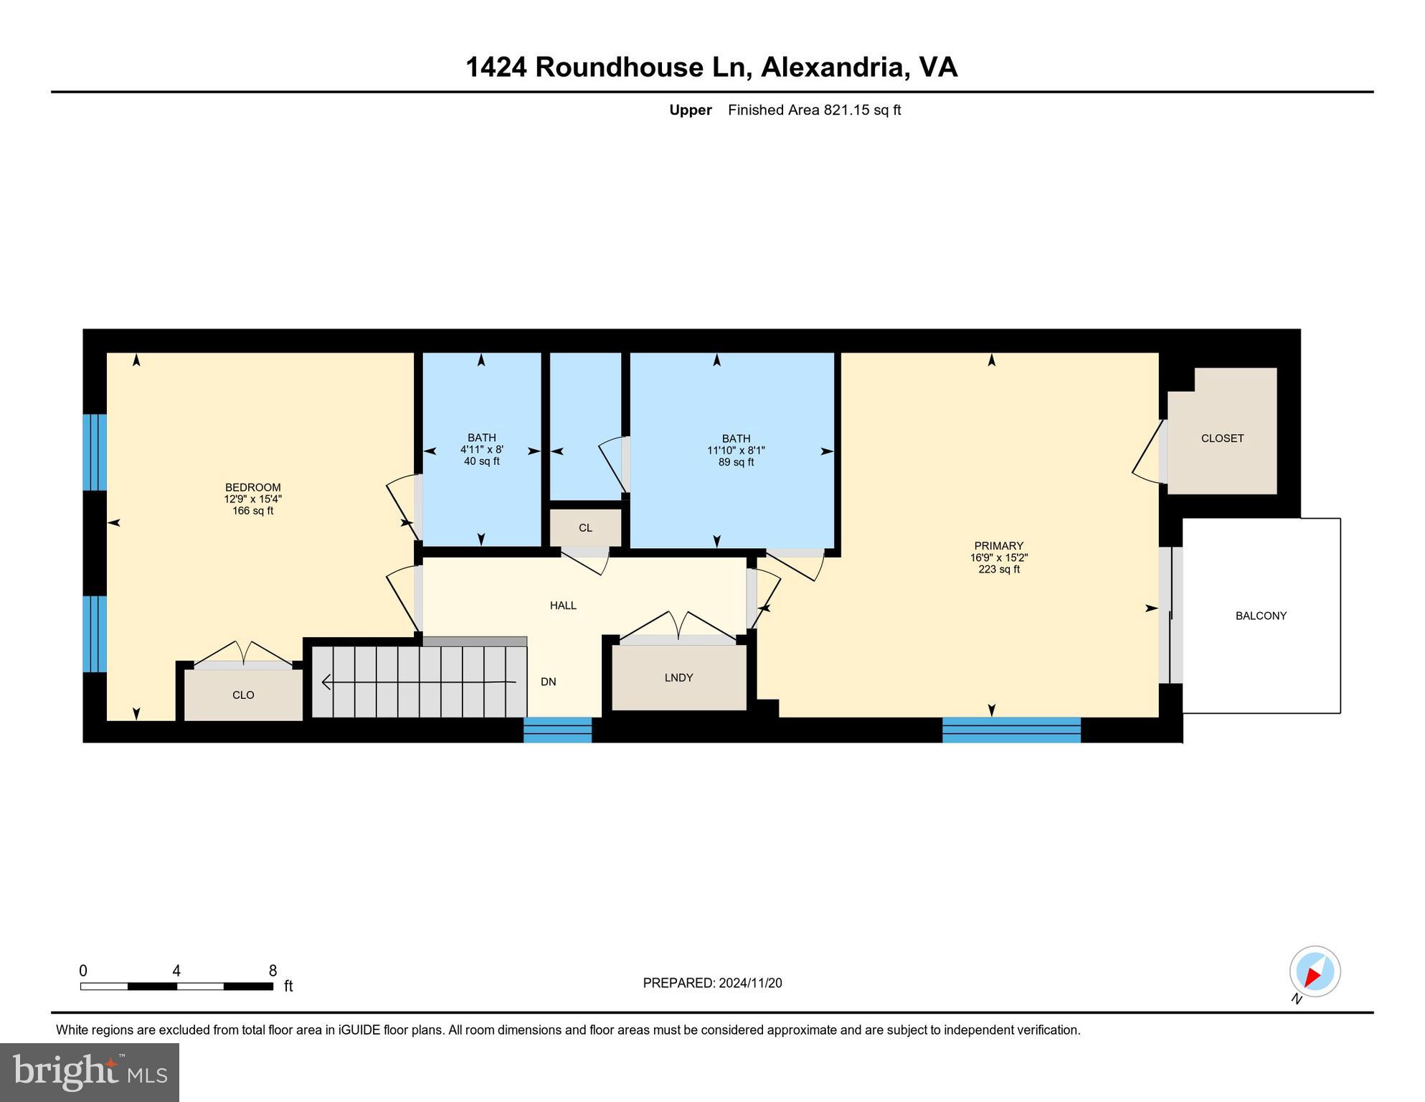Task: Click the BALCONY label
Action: [1261, 616]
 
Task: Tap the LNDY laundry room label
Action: [678, 677]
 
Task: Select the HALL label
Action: [563, 606]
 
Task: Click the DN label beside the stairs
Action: [549, 682]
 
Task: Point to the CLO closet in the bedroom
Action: [243, 694]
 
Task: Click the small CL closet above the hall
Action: [585, 528]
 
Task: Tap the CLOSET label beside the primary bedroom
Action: [1222, 438]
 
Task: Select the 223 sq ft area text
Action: [999, 570]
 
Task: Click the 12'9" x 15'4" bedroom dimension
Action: [252, 499]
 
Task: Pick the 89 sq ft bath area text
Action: [737, 463]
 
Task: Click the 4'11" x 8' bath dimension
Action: [482, 450]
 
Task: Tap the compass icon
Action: [1315, 971]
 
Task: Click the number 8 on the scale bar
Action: [273, 971]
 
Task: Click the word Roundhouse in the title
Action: [619, 67]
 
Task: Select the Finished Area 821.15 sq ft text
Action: [814, 110]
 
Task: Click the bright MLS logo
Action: [90, 1072]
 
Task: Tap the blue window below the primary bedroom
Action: [1011, 730]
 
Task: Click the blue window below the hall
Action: [557, 730]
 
